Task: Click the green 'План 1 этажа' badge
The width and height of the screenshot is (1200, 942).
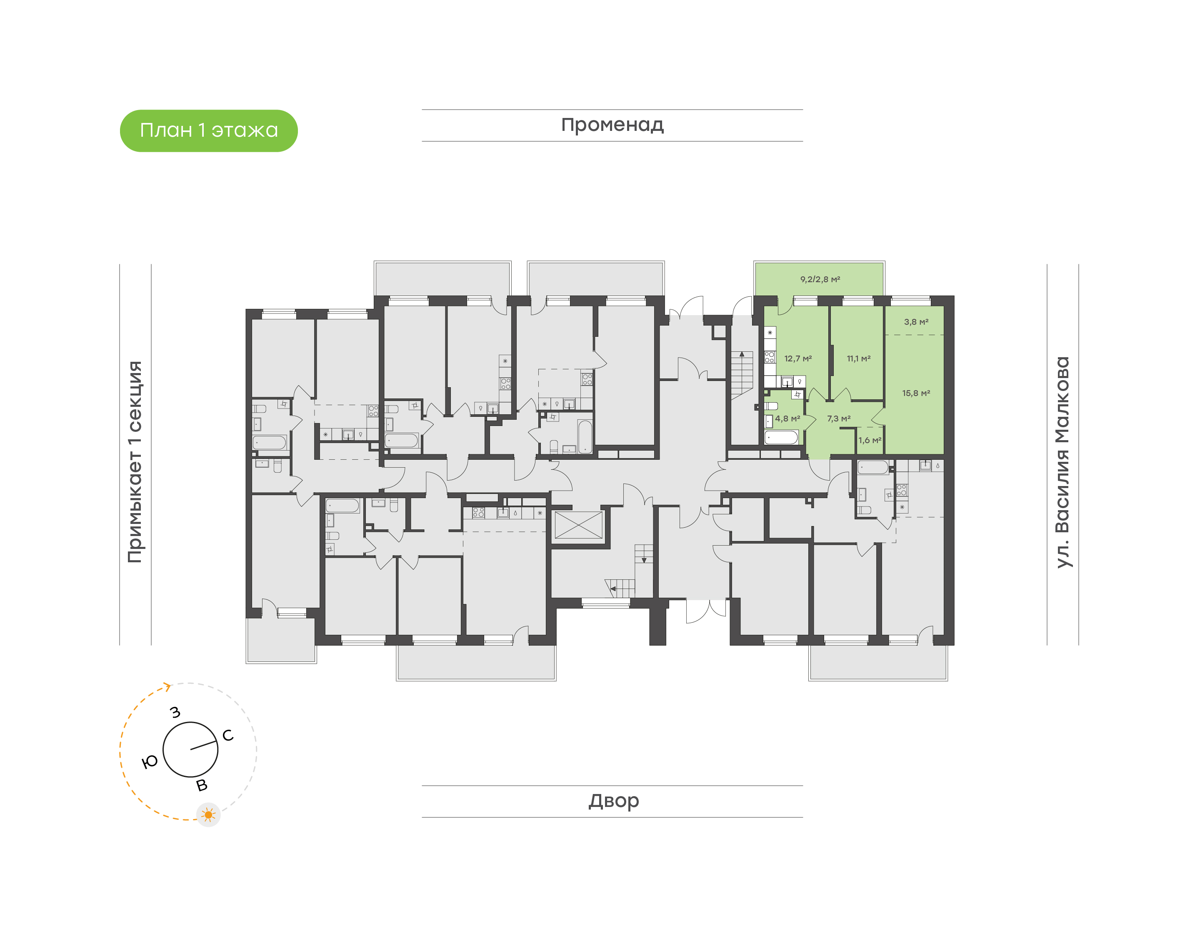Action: pyautogui.click(x=208, y=131)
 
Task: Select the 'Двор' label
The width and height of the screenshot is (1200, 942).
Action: pyautogui.click(x=613, y=801)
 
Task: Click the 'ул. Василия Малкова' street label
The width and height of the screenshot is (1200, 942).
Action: pyautogui.click(x=1062, y=462)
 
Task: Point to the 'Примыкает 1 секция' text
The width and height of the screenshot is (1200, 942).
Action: pyautogui.click(x=135, y=462)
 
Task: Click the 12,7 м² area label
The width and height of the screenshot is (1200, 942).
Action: pyautogui.click(x=797, y=358)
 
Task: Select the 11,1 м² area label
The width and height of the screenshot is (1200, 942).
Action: pyautogui.click(x=858, y=358)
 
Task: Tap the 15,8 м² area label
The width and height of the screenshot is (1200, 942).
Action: pyautogui.click(x=915, y=393)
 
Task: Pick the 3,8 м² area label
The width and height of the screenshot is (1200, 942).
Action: pyautogui.click(x=915, y=321)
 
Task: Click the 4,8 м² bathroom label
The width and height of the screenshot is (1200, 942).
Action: pyautogui.click(x=787, y=418)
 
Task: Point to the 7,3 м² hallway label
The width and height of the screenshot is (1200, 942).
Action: pyautogui.click(x=838, y=418)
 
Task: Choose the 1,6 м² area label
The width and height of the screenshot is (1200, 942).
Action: pyautogui.click(x=869, y=440)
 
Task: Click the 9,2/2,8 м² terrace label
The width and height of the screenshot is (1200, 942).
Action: pyautogui.click(x=820, y=279)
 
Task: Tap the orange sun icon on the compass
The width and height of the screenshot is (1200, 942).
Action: pyautogui.click(x=208, y=814)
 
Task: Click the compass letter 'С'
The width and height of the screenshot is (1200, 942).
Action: pyautogui.click(x=227, y=735)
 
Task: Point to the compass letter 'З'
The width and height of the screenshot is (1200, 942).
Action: pyautogui.click(x=175, y=712)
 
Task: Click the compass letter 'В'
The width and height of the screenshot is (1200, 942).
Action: pyautogui.click(x=202, y=785)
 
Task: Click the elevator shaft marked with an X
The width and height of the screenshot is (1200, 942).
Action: pyautogui.click(x=578, y=525)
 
